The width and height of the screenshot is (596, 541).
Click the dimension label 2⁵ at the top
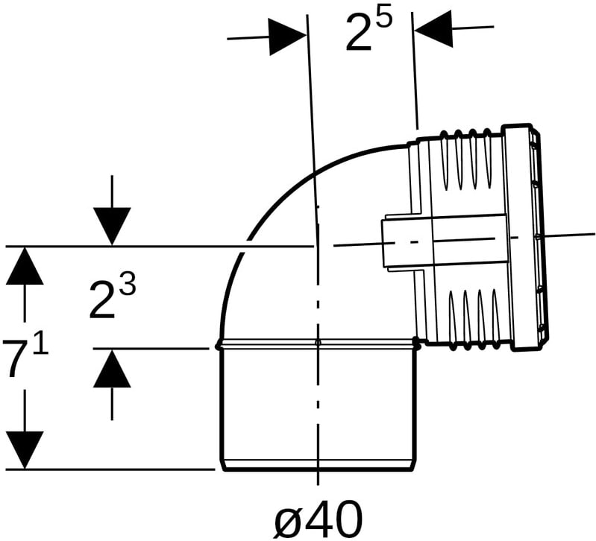click(x=368, y=31)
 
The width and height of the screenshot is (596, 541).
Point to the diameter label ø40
click(x=319, y=519)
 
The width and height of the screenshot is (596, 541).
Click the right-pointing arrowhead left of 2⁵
click(x=288, y=37)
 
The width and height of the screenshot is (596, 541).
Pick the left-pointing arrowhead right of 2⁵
click(x=433, y=29)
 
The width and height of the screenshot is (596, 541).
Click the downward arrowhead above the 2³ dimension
click(x=112, y=227)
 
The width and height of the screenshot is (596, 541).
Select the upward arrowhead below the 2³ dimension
click(x=112, y=368)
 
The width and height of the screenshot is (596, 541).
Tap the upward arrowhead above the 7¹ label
click(x=25, y=265)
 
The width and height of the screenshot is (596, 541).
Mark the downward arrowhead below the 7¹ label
click(x=25, y=451)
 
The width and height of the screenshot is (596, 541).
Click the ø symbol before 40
click(x=289, y=521)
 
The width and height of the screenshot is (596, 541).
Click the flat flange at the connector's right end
click(x=523, y=237)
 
